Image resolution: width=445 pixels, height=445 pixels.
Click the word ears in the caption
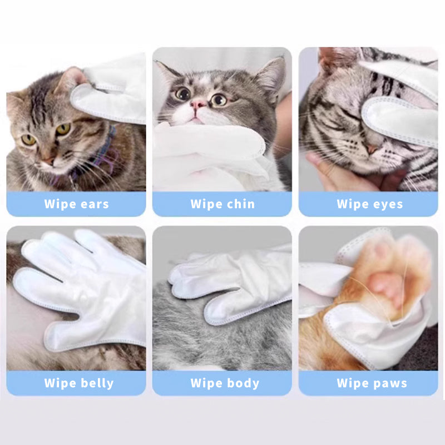point(91,204)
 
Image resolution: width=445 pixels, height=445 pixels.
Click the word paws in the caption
point(387,383)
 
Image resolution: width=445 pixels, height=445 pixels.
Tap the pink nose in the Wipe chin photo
point(197,104)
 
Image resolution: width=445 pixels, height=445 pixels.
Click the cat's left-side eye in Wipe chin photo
point(183,93)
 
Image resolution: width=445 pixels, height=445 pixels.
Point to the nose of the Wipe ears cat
point(49,160)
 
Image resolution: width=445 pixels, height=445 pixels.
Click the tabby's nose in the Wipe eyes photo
point(372,149)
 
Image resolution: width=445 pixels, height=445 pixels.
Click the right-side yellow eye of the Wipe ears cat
point(63,129)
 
